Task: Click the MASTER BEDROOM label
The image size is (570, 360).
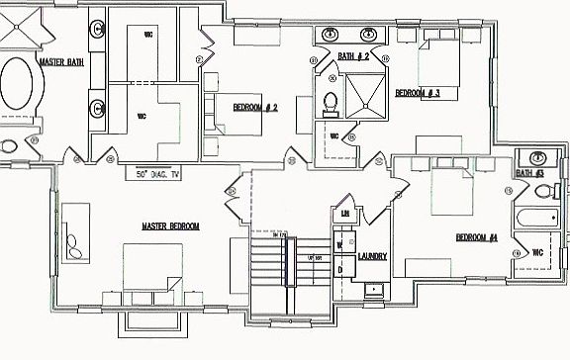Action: click(x=170, y=226)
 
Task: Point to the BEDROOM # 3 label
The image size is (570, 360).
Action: click(x=417, y=93)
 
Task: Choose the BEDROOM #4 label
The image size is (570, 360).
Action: click(x=476, y=237)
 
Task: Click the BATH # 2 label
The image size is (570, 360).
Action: click(x=353, y=57)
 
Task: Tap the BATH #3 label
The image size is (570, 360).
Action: click(x=530, y=175)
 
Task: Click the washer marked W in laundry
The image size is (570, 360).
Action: click(x=339, y=244)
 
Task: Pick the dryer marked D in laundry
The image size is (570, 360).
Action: click(x=339, y=268)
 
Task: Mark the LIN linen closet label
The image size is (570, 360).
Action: click(x=345, y=214)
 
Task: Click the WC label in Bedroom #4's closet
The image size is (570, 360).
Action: click(x=537, y=252)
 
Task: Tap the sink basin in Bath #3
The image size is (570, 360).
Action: click(x=537, y=158)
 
